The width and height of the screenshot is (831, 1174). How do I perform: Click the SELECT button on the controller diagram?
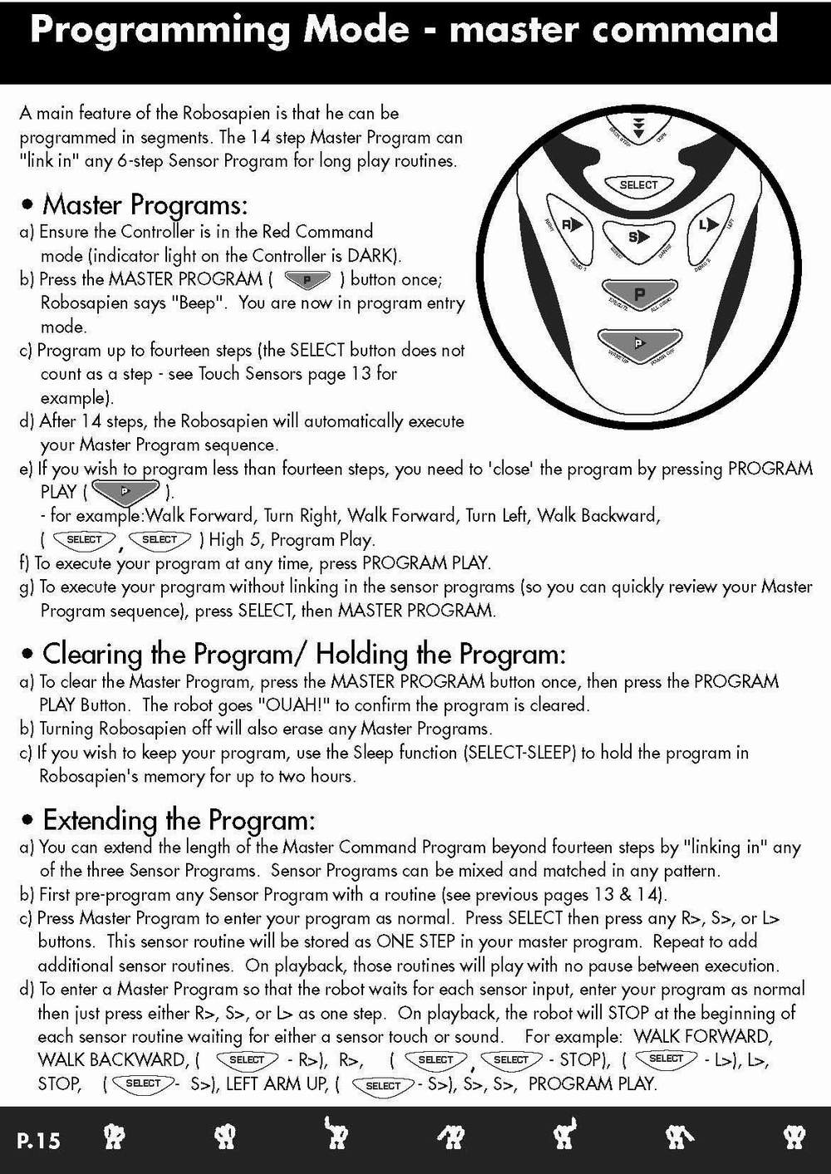pyautogui.click(x=638, y=185)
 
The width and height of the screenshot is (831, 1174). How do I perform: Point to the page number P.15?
pyautogui.click(x=38, y=1140)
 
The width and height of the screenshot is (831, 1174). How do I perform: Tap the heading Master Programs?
pyautogui.click(x=145, y=204)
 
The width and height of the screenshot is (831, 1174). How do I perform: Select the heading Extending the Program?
pyautogui.click(x=179, y=820)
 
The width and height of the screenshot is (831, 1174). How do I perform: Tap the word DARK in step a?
pyautogui.click(x=373, y=255)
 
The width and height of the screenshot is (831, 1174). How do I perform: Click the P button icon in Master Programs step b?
pyautogui.click(x=307, y=279)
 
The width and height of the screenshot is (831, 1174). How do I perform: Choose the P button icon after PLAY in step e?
pyautogui.click(x=125, y=492)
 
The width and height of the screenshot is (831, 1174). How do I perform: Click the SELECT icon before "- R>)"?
pyautogui.click(x=246, y=1060)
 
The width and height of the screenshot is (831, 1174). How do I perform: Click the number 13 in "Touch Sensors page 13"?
pyautogui.click(x=361, y=374)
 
